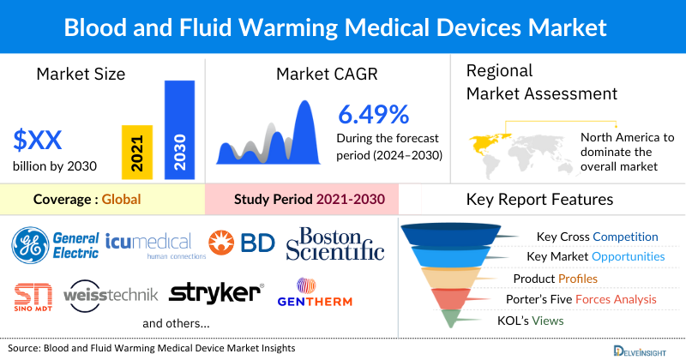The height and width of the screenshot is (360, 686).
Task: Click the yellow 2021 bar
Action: click(x=135, y=150)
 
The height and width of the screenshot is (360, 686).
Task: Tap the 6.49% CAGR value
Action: click(x=373, y=116)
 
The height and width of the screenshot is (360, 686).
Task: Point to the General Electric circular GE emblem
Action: click(x=31, y=244)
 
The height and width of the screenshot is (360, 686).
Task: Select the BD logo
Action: click(x=242, y=243)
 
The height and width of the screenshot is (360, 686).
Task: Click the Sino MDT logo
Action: click(x=33, y=296)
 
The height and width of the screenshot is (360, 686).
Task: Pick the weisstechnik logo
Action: click(x=111, y=295)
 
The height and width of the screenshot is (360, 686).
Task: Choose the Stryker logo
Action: click(x=215, y=293)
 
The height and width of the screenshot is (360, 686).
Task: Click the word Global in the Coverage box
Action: click(x=121, y=201)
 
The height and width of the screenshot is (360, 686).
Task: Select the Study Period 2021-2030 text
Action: click(x=309, y=201)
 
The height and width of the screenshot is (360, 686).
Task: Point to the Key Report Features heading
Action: click(x=539, y=200)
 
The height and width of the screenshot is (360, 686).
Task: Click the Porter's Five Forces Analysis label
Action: click(x=584, y=299)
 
